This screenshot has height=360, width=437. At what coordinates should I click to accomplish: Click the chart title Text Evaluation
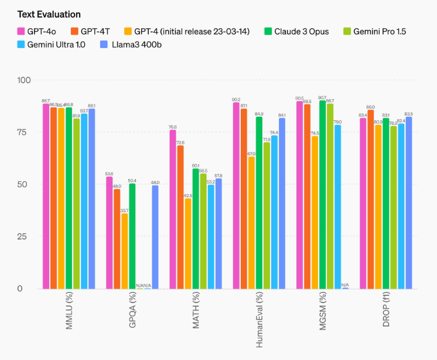(x=49, y=13)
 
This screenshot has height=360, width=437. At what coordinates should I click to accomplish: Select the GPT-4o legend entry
(x=44, y=31)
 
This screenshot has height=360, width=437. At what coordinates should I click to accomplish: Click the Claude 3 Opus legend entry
(x=297, y=31)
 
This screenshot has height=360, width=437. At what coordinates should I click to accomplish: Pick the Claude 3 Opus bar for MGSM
(x=322, y=194)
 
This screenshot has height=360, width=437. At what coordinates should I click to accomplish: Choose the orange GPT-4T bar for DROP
(x=370, y=199)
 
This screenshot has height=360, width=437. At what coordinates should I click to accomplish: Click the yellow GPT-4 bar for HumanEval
(x=251, y=223)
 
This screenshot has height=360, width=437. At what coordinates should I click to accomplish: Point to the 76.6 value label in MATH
(x=173, y=126)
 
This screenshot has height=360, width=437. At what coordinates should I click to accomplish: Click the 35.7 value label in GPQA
(x=124, y=210)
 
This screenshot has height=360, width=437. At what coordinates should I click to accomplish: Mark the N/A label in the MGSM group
(x=345, y=285)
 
